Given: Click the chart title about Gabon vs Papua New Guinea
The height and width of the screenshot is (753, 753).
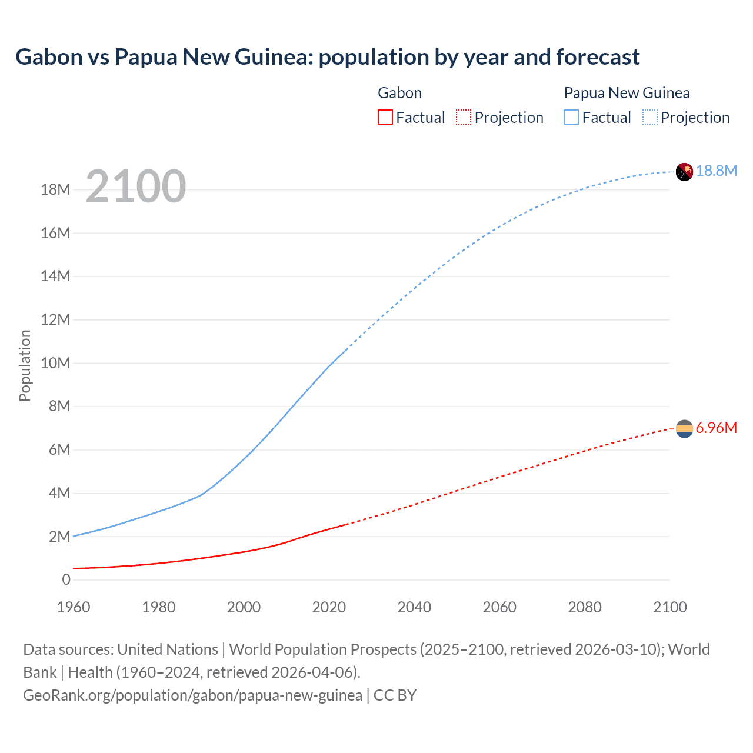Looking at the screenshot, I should pos(327,57).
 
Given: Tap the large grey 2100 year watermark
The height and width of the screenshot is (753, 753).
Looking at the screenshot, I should pos(136,186).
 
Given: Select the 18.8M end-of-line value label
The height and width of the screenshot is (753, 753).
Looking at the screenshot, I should pos(716,171).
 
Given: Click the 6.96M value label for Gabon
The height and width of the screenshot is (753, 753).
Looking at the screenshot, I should pos(716,428).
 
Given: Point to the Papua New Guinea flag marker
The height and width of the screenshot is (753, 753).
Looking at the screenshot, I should pos(684,172).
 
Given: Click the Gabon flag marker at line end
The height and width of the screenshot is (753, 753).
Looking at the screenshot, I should pos(684,429).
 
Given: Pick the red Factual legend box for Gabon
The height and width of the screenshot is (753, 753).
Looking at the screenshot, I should pos(385,118).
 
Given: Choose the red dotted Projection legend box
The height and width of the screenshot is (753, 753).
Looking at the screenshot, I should pos(463,118).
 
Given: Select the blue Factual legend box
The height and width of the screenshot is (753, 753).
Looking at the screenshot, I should pos(571,118).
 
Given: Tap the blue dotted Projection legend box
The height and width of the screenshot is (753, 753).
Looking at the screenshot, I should pos(649,118).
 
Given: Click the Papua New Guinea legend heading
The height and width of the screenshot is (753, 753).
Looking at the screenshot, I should pos(627,93).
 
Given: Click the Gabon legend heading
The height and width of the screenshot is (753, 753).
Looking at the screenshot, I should pos(399,93).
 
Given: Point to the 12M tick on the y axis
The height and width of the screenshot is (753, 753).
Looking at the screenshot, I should pos(55,319).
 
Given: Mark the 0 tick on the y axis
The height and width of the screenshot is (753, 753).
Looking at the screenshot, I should pos(66,579).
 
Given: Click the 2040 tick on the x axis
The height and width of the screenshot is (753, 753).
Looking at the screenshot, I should pos(414,607).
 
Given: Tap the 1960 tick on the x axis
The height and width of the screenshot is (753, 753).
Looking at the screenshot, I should pos(74,607).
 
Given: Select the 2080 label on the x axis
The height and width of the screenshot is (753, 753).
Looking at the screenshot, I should pos(585,607).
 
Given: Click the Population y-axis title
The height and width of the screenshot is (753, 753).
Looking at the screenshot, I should pos(25,365).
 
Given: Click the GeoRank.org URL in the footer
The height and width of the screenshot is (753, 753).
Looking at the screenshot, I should pos(192,695).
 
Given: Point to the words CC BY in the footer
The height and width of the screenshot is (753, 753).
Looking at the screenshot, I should pos(395,695).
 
